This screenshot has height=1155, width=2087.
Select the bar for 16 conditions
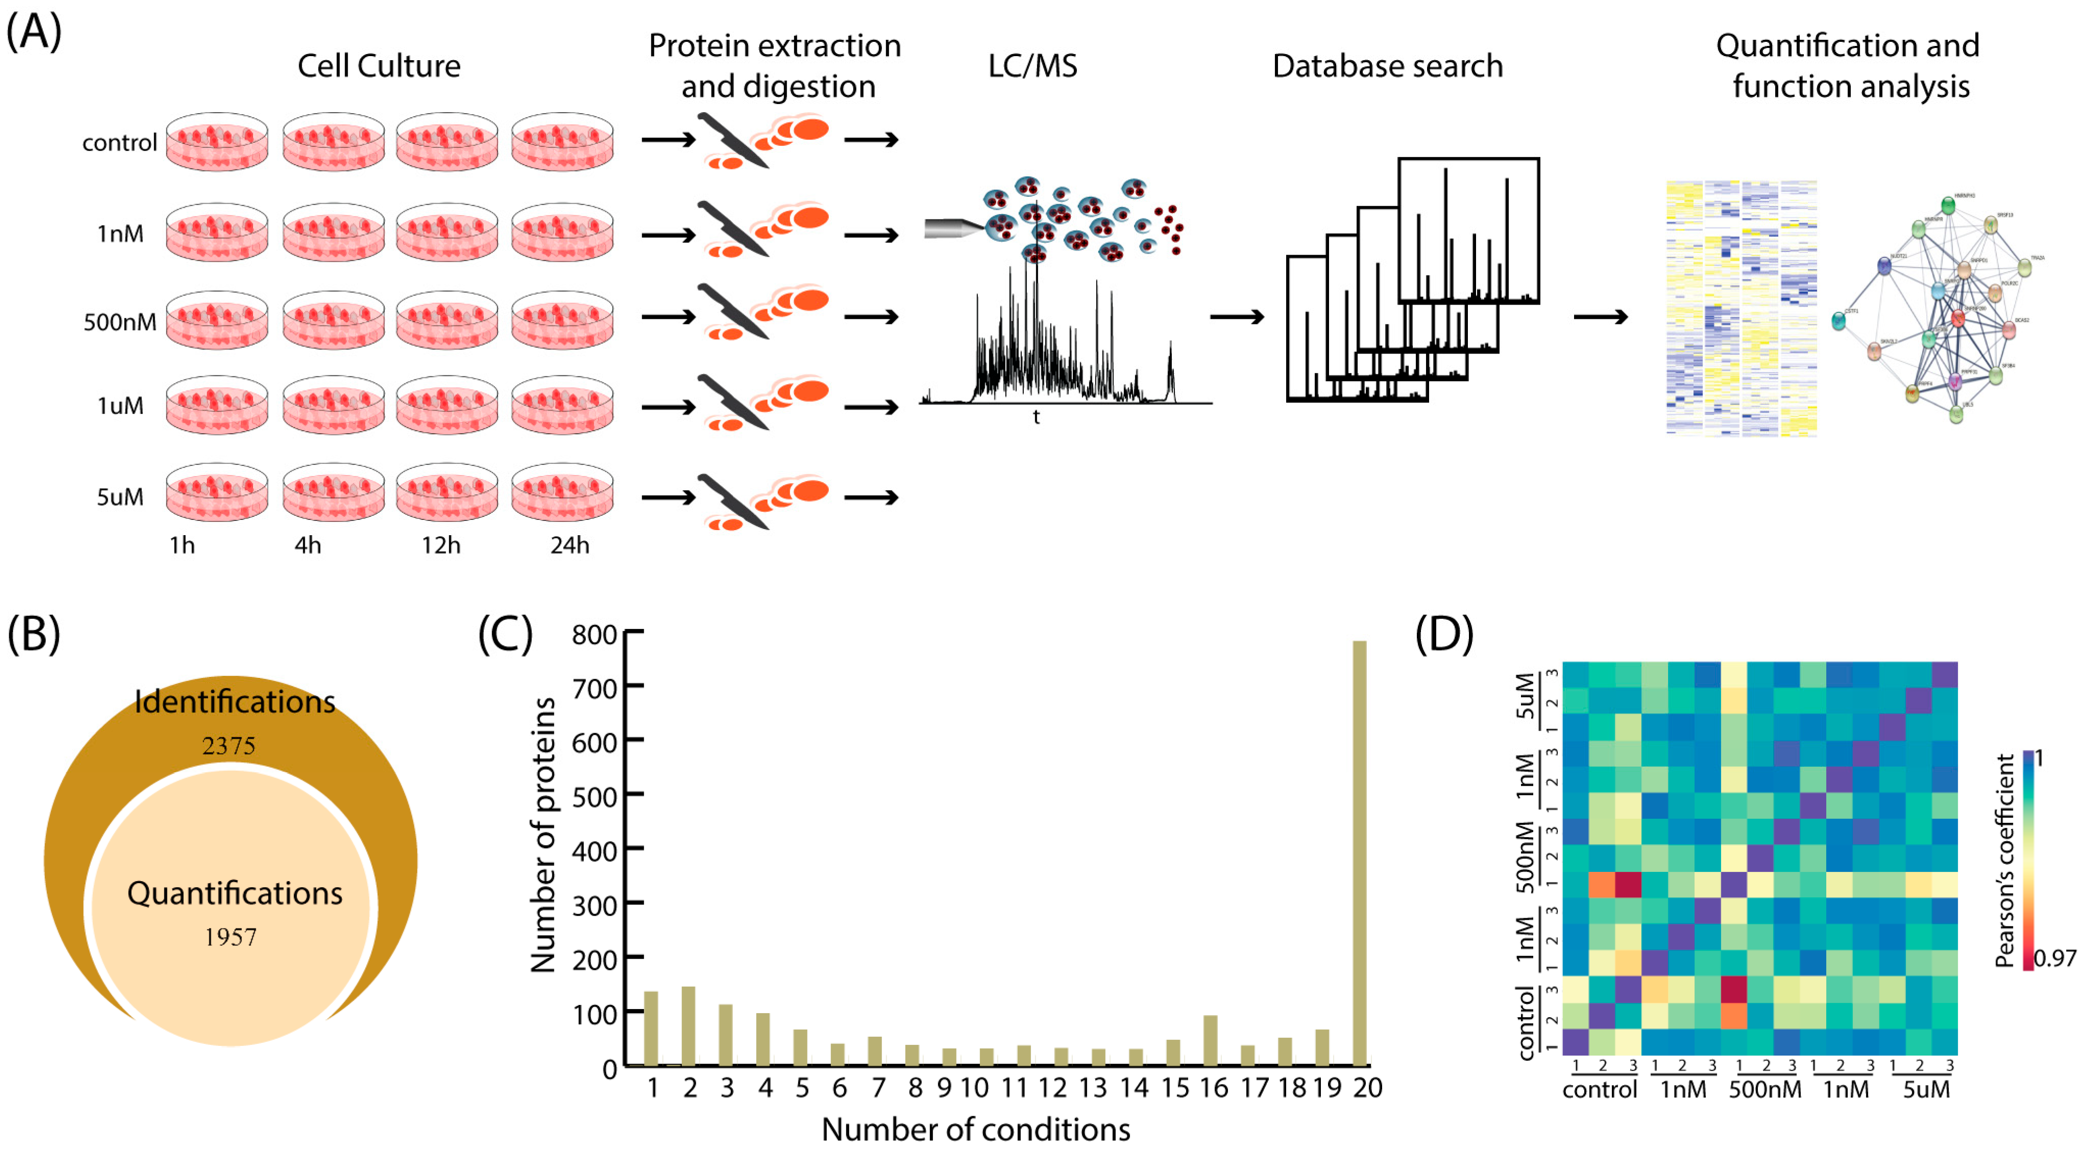coord(1210,1040)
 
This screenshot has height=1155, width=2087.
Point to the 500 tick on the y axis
coord(595,796)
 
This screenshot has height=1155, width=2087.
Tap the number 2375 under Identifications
coord(229,745)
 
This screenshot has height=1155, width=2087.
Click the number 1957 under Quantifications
coord(230,937)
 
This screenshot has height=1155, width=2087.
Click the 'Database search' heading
coord(1387,66)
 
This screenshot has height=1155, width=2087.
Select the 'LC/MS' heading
coord(1032,66)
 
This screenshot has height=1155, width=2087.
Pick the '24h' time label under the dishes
coord(570,545)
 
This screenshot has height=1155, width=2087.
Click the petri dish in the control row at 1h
coord(216,142)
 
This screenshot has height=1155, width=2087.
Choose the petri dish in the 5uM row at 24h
coord(562,492)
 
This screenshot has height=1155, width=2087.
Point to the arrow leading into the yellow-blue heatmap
coord(1600,317)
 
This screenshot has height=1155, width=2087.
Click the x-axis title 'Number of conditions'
coord(975,1129)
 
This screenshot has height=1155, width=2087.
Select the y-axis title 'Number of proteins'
coord(543,834)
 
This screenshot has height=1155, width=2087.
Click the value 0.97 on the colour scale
coord(2055,958)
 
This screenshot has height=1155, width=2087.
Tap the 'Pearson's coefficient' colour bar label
coord(2004,860)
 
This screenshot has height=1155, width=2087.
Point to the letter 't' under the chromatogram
coord(1036,417)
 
